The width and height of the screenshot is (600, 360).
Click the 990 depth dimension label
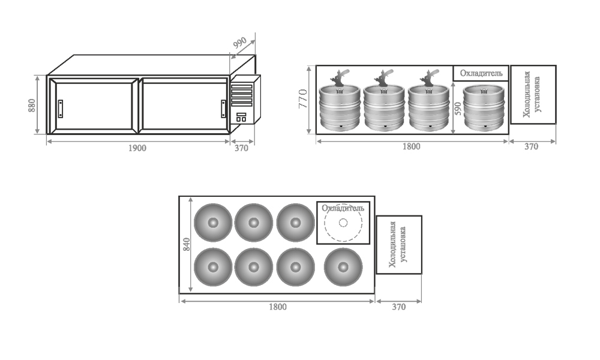click(240, 43)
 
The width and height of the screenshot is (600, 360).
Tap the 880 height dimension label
click(32, 105)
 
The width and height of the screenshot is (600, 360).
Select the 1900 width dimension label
click(137, 148)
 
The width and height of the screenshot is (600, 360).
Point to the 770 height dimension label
click(302, 99)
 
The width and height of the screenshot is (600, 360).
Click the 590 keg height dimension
click(458, 109)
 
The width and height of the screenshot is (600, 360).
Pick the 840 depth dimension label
click(187, 244)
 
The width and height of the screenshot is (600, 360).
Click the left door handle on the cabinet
click(60, 109)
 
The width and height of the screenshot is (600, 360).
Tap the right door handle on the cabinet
click(223, 109)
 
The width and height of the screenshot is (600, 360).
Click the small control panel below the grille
click(241, 117)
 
